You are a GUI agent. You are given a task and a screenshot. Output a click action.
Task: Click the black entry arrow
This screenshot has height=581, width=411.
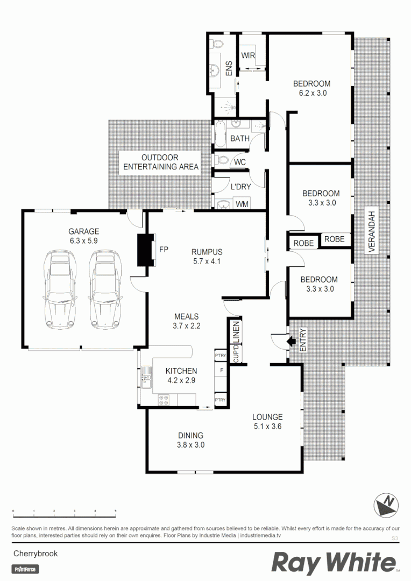tap(290, 341)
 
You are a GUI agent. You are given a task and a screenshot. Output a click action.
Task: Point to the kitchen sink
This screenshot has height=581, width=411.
tap(146, 375)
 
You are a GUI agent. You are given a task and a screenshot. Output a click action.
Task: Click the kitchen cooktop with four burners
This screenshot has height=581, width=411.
tap(165, 400)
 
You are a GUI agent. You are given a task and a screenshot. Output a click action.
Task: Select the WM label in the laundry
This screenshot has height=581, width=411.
tap(242, 204)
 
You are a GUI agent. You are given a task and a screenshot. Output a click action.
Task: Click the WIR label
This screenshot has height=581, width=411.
tap(248, 55)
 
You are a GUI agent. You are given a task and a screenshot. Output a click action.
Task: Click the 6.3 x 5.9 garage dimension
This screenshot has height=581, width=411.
tap(83, 242)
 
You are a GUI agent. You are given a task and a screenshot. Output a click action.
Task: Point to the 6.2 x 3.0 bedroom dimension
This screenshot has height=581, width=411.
tap(312, 93)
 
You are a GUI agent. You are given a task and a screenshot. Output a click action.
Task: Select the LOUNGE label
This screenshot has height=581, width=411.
tap(268, 417)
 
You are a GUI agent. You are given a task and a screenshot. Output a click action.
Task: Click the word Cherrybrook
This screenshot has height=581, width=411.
tap(35, 553)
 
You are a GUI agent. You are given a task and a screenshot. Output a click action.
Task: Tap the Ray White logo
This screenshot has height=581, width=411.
tap(334, 563)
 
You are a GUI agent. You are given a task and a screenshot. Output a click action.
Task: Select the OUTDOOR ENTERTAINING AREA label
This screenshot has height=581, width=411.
tap(160, 162)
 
